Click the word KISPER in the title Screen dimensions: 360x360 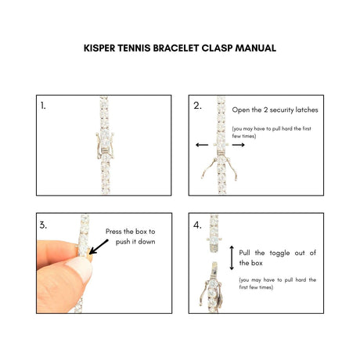[99, 49]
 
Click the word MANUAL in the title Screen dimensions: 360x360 [256, 49]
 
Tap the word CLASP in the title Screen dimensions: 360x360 [217, 49]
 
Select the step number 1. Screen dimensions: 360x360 [43, 106]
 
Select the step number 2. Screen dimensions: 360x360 [197, 106]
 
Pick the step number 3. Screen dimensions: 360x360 [43, 225]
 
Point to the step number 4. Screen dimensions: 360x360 [197, 225]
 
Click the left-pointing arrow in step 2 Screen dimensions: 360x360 [202, 145]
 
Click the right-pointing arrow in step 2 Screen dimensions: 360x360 [238, 145]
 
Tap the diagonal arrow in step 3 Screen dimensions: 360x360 [99, 247]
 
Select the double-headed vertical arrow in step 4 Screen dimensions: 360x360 [232, 257]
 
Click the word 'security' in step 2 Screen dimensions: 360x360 [280, 110]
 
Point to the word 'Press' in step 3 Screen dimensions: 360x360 [113, 232]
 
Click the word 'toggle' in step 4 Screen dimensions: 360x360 [279, 253]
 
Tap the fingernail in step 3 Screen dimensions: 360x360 [81, 268]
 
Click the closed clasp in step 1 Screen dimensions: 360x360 [105, 146]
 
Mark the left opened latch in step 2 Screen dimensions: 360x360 [209, 168]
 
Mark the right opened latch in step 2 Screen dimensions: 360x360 [232, 169]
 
